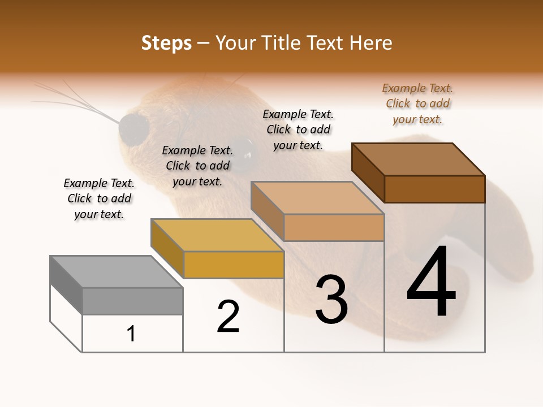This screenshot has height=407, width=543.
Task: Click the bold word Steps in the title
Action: pyautogui.click(x=166, y=43)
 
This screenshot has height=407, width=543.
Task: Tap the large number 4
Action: pyautogui.click(x=432, y=282)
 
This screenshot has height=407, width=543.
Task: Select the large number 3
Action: pyautogui.click(x=331, y=300)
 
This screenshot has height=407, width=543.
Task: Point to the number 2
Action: pyautogui.click(x=229, y=317)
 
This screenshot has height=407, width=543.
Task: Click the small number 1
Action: pyautogui.click(x=131, y=334)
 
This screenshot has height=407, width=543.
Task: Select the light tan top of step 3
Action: pyautogui.click(x=317, y=198)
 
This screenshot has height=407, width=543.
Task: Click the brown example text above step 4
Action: pyautogui.click(x=417, y=103)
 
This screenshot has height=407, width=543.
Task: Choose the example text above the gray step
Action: pyautogui.click(x=99, y=198)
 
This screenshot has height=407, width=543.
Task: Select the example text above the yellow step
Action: pyautogui.click(x=197, y=166)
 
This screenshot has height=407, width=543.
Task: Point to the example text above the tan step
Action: pyautogui.click(x=298, y=129)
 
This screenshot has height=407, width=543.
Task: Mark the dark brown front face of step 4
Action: pyautogui.click(x=434, y=189)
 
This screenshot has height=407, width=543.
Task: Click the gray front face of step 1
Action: pyautogui.click(x=132, y=301)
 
